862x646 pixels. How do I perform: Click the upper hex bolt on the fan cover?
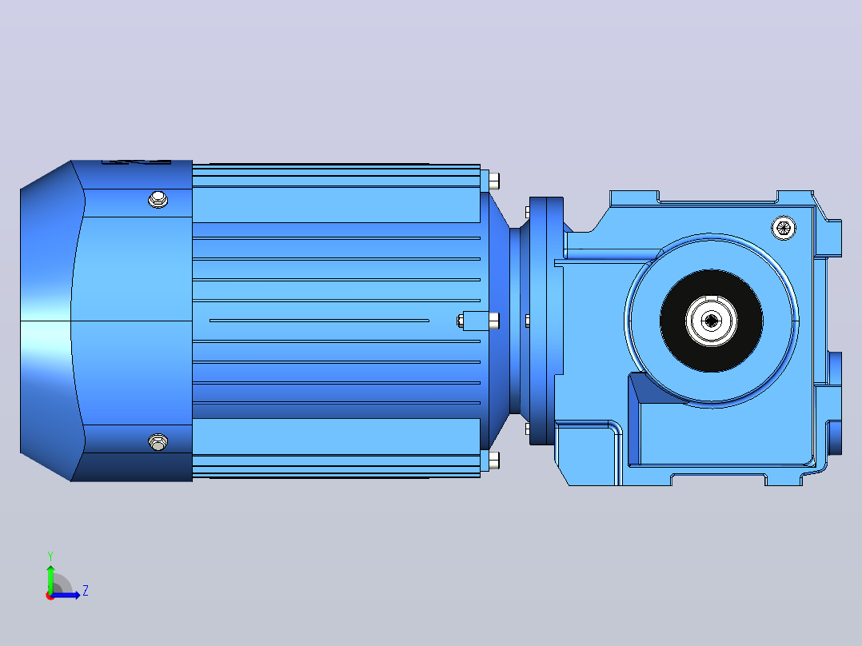point(158,199)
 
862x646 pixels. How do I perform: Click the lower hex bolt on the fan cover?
point(158,441)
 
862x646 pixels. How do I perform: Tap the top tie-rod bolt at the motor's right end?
point(493,180)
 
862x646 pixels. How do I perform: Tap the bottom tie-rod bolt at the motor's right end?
point(493,461)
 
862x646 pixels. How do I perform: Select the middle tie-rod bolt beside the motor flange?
point(493,321)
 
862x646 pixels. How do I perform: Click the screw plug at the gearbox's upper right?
point(784,228)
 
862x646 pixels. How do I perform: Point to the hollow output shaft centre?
point(712,321)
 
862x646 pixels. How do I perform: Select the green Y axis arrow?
point(50,578)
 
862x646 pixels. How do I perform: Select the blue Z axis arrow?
point(66,595)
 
